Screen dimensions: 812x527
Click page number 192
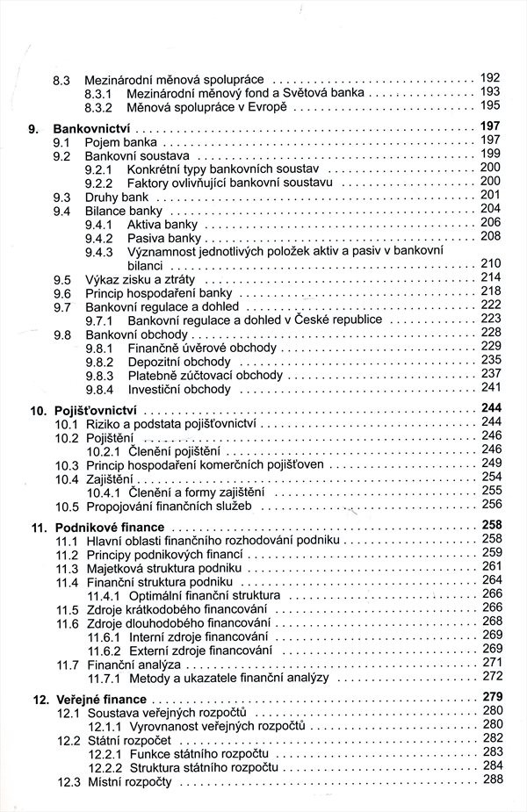tap(490, 77)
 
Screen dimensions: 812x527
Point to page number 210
tap(490, 263)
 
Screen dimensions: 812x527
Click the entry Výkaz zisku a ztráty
tap(135, 278)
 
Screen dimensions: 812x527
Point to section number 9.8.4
tap(99, 389)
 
